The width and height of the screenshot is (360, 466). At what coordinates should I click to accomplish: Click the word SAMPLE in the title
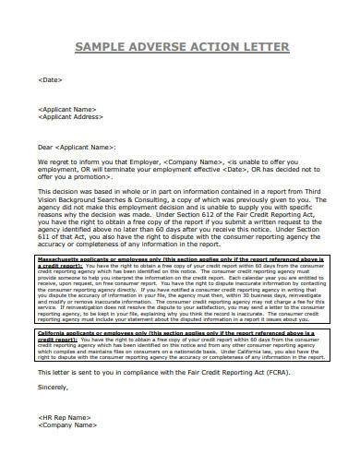point(102,47)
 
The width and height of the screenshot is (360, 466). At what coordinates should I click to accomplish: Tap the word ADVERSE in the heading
point(161,47)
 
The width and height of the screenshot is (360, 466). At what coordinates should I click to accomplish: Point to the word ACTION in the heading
point(214,47)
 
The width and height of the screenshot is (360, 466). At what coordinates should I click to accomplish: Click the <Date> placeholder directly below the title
point(51,81)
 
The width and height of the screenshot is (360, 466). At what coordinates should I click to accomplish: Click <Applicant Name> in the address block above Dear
point(67,110)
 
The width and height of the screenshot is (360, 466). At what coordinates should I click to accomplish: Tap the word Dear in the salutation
point(45,147)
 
